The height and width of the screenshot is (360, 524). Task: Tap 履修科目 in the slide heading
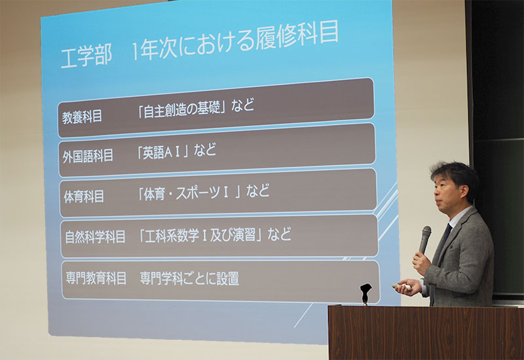pos(297,35)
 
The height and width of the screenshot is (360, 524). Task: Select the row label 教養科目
pos(82,117)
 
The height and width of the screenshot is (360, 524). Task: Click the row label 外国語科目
pos(88,156)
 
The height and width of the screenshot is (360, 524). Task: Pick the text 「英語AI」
pos(163,153)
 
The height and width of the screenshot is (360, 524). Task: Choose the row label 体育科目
pos(84,197)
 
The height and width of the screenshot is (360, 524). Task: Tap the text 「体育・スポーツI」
pos(189,193)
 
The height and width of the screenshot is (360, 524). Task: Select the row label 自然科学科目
pos(95,237)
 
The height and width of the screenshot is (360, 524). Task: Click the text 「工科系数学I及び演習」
pos(200,235)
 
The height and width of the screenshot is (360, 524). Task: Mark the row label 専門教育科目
pos(96,278)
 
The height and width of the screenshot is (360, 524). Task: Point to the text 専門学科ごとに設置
pos(189,278)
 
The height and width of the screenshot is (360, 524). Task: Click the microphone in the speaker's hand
pos(424,239)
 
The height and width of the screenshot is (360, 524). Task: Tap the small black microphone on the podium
pos(365,293)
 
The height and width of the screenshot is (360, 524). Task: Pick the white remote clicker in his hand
pos(402,286)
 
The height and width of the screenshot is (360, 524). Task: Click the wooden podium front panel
pos(426,333)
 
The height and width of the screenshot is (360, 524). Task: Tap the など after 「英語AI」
pos(205,150)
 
